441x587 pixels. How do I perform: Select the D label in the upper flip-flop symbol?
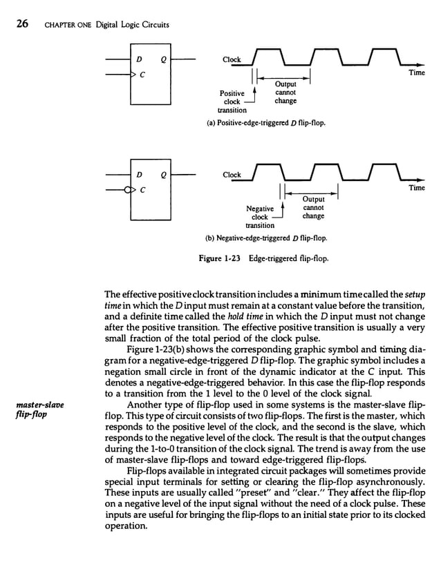[138, 59]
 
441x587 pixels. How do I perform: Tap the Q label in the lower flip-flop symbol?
[162, 175]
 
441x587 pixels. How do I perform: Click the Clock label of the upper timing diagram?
[231, 59]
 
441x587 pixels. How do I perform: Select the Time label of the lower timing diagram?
[416, 187]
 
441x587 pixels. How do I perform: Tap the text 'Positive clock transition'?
[232, 101]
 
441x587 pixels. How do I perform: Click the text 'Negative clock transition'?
[259, 216]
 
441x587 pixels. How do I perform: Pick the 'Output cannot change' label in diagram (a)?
[285, 93]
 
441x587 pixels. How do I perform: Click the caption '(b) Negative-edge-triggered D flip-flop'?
[268, 238]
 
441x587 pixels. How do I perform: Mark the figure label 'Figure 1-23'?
[220, 259]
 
